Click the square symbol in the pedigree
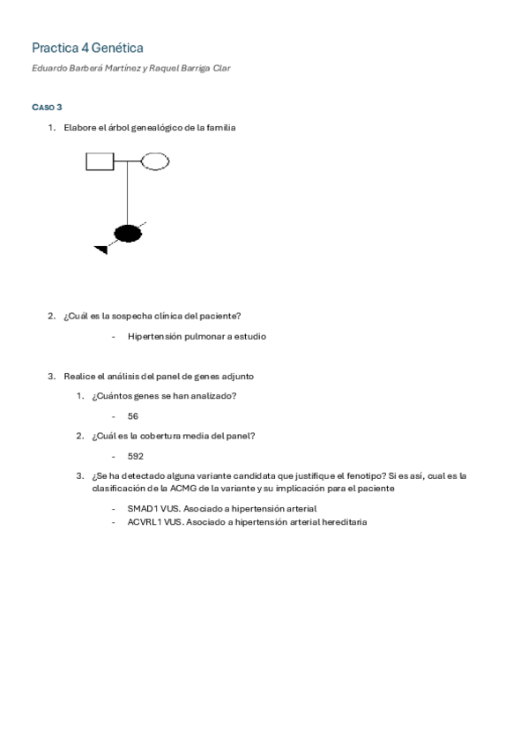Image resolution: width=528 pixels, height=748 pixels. (100, 161)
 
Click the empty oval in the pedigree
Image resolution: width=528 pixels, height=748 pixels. (155, 161)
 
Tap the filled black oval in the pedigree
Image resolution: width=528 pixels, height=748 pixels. (129, 233)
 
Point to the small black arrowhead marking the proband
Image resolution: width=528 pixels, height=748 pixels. (101, 251)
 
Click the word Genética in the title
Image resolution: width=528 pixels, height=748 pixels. (117, 48)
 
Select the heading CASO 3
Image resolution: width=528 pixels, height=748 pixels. (47, 107)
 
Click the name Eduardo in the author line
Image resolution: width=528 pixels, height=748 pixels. (50, 68)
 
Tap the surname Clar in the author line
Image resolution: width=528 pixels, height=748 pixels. (220, 68)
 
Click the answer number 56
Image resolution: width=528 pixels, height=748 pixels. (133, 416)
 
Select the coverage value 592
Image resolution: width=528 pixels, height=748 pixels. (135, 456)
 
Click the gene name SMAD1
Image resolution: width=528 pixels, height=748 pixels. (141, 509)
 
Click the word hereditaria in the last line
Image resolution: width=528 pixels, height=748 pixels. (340, 522)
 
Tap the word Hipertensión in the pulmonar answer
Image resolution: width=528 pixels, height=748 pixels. (154, 336)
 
